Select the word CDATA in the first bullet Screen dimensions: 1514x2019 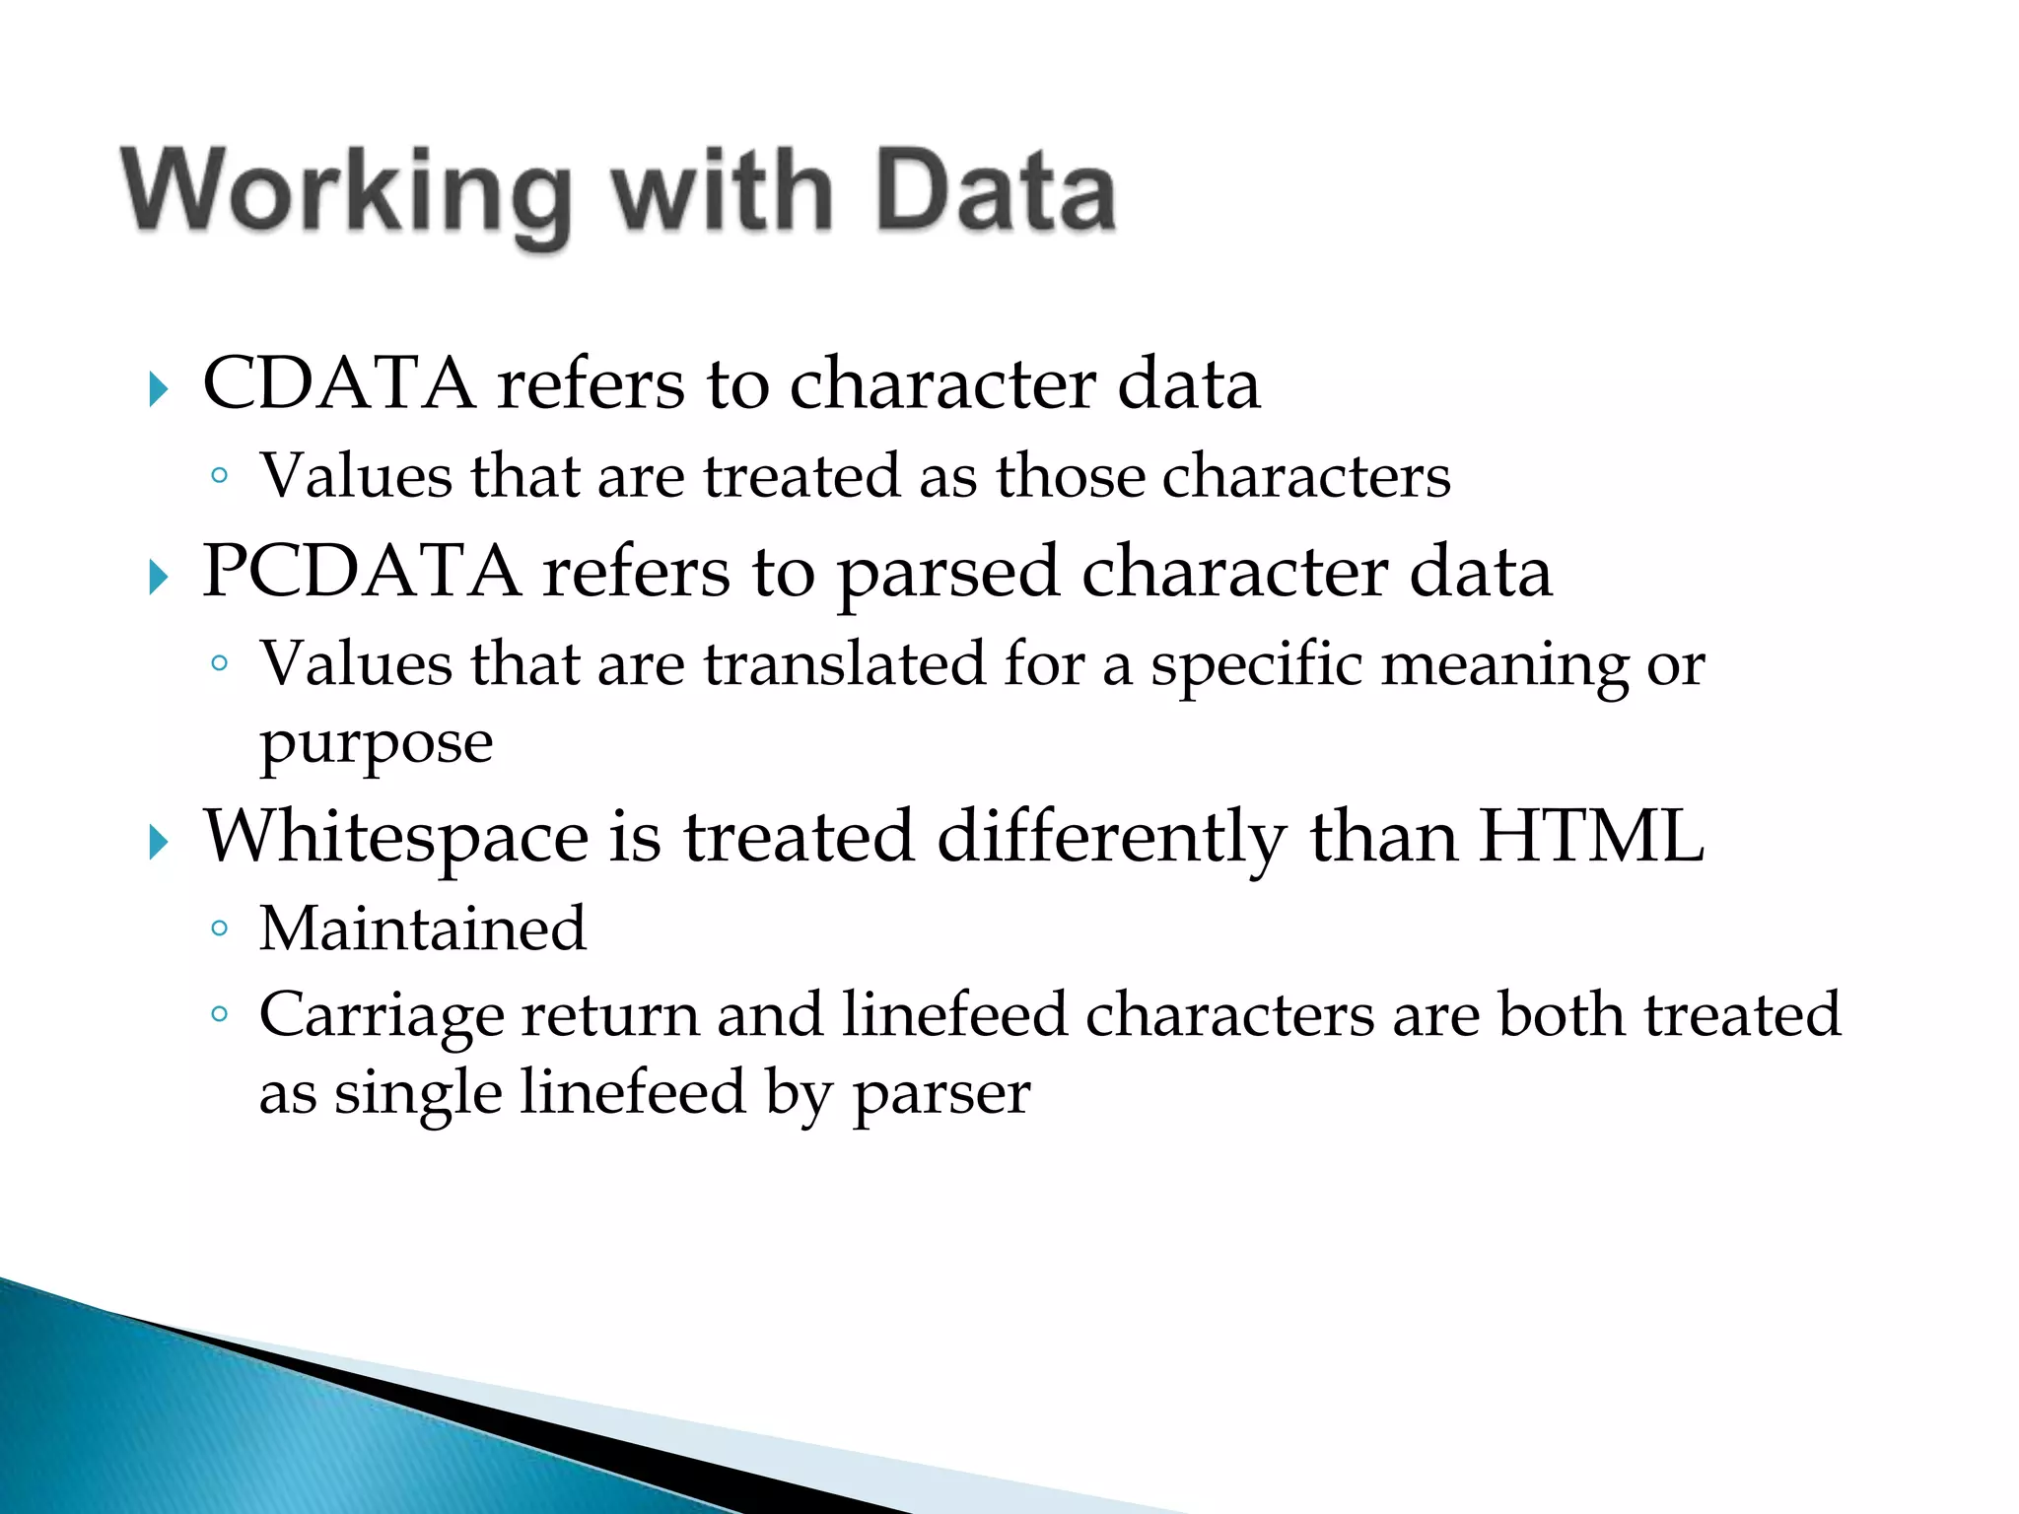pos(338,383)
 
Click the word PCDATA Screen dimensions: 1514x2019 pos(361,572)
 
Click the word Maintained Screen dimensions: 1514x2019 pos(423,929)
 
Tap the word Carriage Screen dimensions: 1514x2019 pos(381,1016)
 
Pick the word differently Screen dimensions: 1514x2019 pos(1111,838)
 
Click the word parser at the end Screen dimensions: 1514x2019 pos(941,1094)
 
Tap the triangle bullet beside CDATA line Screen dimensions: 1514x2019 pos(159,390)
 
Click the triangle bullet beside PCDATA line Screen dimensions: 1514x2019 pos(159,578)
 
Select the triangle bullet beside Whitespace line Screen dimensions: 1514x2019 pos(159,844)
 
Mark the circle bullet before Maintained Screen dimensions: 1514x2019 pos(220,929)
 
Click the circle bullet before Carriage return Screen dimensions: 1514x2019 pos(220,1014)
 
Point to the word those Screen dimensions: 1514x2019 pos(1069,477)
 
